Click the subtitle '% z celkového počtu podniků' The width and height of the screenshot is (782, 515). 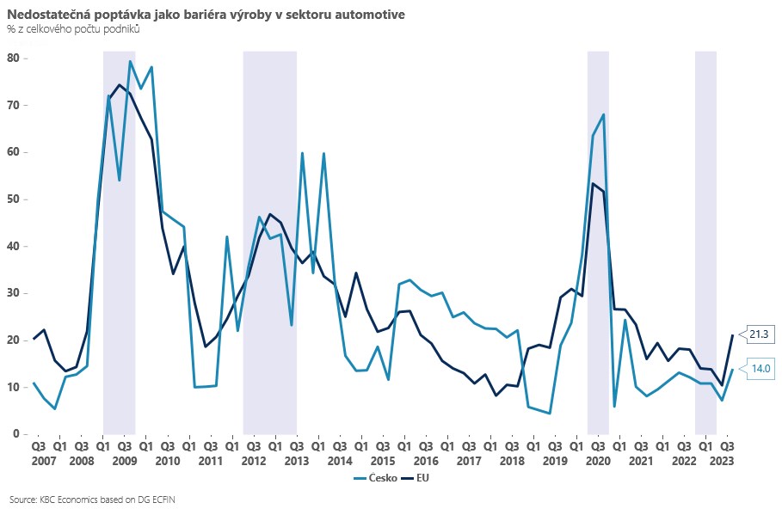[x=73, y=29]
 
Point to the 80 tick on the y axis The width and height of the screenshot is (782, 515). [x=14, y=58]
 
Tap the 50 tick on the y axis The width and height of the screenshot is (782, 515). [x=14, y=199]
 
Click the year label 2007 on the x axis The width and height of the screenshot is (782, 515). [x=39, y=461]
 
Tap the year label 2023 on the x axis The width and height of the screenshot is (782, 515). [x=727, y=461]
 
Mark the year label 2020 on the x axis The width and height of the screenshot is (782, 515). [x=597, y=461]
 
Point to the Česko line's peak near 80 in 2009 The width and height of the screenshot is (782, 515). [x=130, y=61]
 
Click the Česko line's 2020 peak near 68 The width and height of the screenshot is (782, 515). [x=604, y=114]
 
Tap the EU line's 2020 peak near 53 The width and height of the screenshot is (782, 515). [x=593, y=183]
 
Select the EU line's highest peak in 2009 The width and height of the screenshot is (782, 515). [x=120, y=84]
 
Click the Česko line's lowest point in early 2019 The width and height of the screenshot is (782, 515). [x=549, y=414]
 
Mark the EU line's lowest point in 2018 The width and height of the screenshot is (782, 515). [x=496, y=395]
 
